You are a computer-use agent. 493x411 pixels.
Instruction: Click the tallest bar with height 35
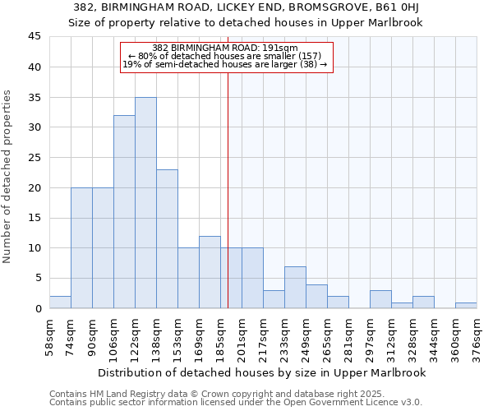[145, 203]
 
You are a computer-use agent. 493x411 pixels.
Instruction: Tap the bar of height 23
[167, 239]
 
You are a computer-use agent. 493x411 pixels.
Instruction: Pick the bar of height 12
[210, 272]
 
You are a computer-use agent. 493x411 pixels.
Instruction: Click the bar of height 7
[295, 287]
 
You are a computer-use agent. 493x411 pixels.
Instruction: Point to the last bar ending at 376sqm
[466, 305]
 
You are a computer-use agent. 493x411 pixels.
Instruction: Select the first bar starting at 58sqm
[60, 302]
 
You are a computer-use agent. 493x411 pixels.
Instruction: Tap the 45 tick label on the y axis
[34, 37]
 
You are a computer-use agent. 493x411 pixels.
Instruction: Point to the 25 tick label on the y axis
[34, 158]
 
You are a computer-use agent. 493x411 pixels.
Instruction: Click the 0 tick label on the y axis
[37, 308]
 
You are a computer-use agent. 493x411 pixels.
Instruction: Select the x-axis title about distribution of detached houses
[262, 372]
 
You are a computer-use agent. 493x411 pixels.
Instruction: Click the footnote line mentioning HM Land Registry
[211, 395]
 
